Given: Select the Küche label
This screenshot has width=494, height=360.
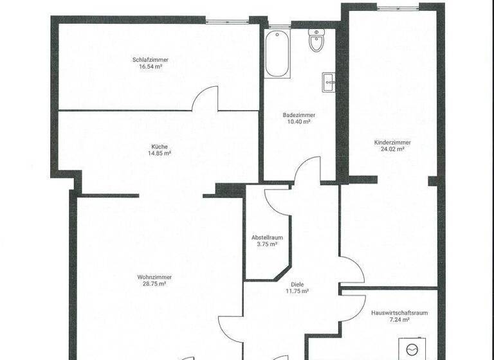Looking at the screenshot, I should [160, 146].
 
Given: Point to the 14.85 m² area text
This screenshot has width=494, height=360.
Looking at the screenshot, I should [160, 153].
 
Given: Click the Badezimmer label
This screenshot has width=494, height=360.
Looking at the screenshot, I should [297, 115].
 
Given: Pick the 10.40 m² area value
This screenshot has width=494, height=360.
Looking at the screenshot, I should [297, 122].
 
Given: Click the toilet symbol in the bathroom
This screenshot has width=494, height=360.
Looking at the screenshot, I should [316, 40].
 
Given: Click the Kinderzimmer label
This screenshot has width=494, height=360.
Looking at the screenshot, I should [392, 142].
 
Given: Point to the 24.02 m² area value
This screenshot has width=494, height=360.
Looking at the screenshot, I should [392, 149].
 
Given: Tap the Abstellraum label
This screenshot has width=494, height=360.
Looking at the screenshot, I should [266, 237].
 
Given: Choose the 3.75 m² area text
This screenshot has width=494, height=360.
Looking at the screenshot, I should [266, 244].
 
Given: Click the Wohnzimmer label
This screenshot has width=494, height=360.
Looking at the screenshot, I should [154, 277].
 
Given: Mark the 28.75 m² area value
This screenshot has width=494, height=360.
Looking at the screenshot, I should [154, 283].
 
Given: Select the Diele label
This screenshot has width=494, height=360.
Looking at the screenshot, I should [297, 284].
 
